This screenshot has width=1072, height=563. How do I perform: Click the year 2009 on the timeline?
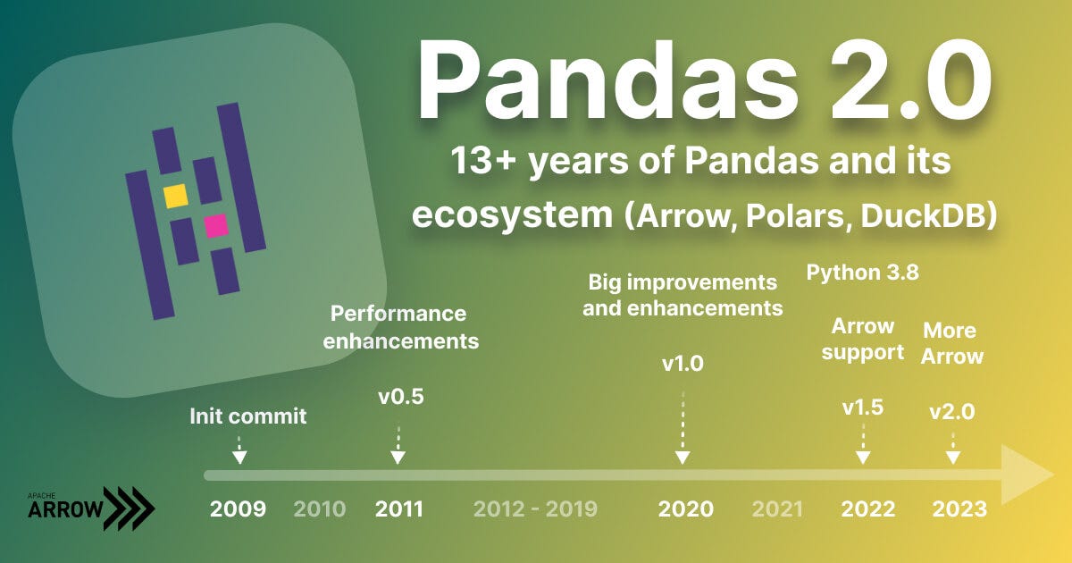tap(238, 509)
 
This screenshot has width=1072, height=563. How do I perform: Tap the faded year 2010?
tap(320, 509)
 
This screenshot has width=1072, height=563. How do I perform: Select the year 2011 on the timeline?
tap(399, 509)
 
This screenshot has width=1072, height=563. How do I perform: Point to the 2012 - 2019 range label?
tap(535, 509)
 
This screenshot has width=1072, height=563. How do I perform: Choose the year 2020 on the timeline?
tap(686, 509)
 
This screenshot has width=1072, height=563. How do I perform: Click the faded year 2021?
tap(777, 509)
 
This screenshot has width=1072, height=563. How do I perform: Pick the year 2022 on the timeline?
tap(867, 509)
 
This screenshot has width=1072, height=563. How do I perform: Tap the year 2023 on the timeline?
tap(959, 509)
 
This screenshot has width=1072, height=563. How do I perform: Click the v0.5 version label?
tap(400, 397)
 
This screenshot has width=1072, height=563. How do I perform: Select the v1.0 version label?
tap(683, 365)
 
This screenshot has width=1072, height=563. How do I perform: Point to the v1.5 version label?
tap(863, 408)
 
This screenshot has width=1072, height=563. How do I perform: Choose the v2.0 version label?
tap(951, 412)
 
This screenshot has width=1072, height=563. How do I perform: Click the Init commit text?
tap(247, 416)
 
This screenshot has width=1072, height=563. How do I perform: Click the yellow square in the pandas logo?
tap(175, 196)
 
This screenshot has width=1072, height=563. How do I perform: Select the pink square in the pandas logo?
tap(216, 226)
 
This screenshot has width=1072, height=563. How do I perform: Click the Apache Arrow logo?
tap(90, 508)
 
